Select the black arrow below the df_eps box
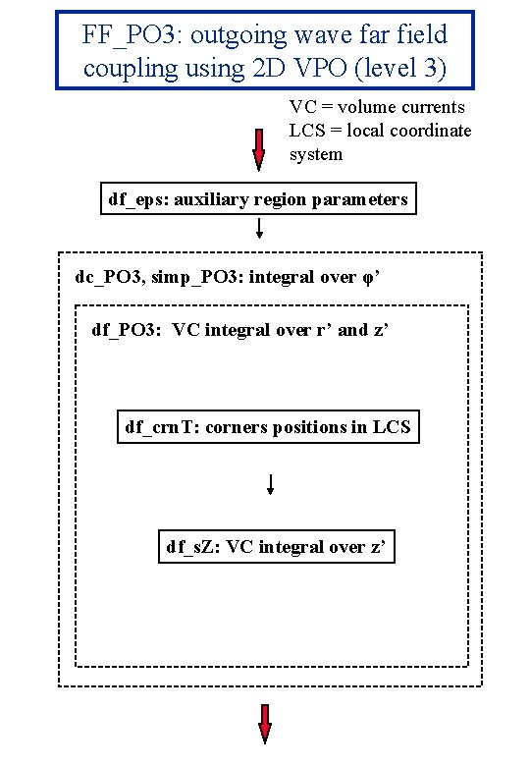click(259, 229)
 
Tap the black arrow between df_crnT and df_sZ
click(269, 485)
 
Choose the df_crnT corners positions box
click(268, 426)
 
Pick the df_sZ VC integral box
click(277, 546)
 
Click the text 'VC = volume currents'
click(377, 107)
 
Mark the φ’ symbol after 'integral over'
click(371, 277)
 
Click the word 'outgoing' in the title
click(234, 35)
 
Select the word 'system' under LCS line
click(315, 154)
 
